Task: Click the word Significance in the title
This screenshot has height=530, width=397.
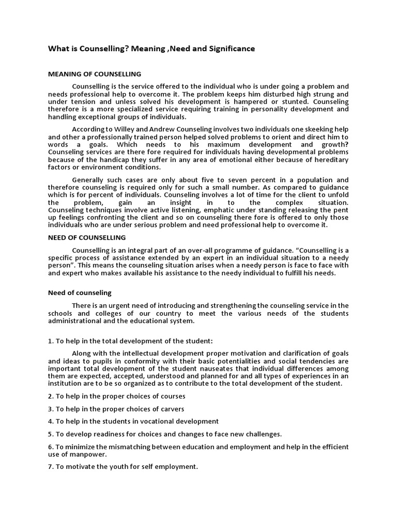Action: (231, 49)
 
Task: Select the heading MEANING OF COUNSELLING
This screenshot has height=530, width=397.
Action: (94, 74)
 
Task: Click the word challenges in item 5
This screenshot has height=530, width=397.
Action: (263, 434)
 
